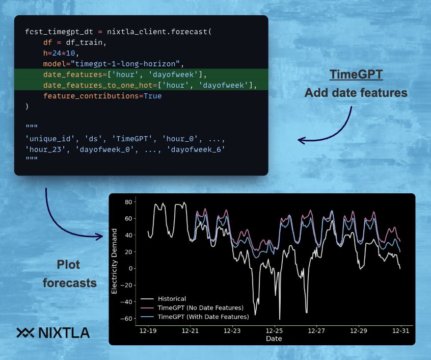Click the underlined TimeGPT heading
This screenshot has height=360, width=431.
pyautogui.click(x=356, y=75)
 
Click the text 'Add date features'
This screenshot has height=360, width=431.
pyautogui.click(x=356, y=93)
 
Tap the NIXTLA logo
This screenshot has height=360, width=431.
pyautogui.click(x=53, y=333)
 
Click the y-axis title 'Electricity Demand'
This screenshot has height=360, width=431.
pyautogui.click(x=115, y=261)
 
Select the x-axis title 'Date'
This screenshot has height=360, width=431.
pyautogui.click(x=273, y=339)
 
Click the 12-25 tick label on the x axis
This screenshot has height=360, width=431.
pyautogui.click(x=275, y=331)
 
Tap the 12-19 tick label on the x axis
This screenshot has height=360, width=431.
pyautogui.click(x=148, y=331)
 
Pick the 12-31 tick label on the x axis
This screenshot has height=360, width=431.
pyautogui.click(x=400, y=331)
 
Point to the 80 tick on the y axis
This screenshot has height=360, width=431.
pyautogui.click(x=129, y=202)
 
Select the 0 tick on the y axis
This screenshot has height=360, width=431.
pyautogui.click(x=130, y=268)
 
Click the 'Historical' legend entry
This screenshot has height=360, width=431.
pyautogui.click(x=172, y=299)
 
